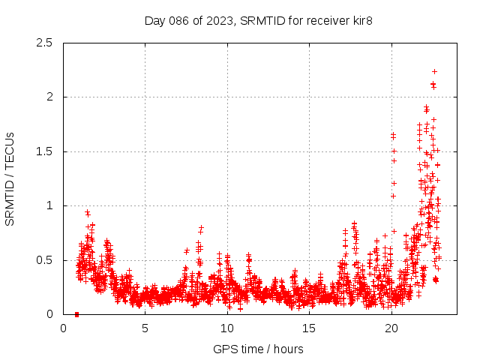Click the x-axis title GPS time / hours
click(258, 349)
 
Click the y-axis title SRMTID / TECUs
click(10, 178)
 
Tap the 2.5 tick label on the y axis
click(47, 43)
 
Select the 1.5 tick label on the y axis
click(47, 151)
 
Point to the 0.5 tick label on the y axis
click(47, 260)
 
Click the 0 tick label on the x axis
click(63, 328)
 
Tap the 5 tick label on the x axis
click(145, 328)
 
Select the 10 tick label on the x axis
click(227, 328)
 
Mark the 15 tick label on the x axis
click(309, 328)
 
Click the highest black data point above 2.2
click(434, 71)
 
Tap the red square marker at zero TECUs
click(76, 314)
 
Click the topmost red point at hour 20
click(393, 135)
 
